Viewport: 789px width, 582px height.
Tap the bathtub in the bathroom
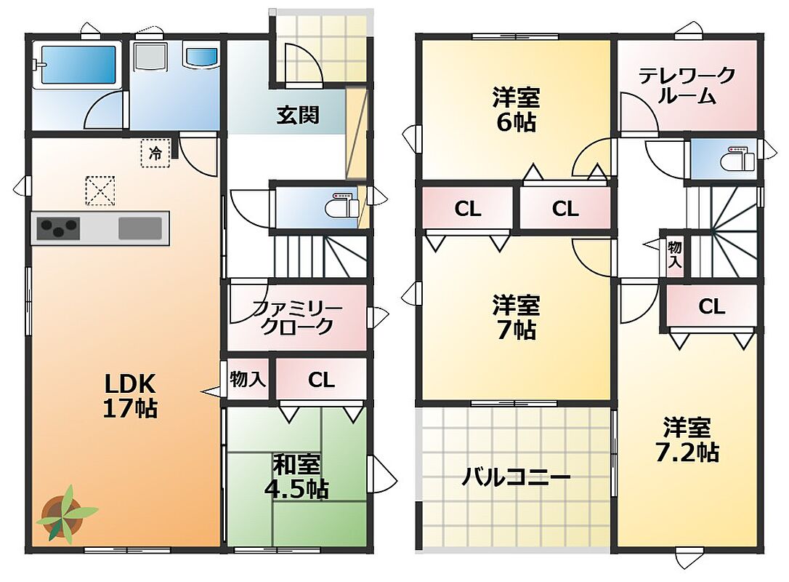coord(78,65)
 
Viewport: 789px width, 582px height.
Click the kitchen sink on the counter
coord(140,228)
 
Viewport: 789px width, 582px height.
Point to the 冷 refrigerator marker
coord(155,153)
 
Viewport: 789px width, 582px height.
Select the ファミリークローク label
coord(297,317)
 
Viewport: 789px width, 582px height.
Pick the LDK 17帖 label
coord(130,396)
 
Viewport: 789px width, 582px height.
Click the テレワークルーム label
coord(687,86)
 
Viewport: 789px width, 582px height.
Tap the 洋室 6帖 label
coord(517,109)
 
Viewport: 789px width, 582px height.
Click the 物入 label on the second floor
coord(675,255)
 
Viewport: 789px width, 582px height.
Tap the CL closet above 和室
coord(322,380)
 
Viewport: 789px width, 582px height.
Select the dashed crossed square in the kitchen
coord(100,191)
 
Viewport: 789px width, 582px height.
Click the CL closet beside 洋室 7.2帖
coord(711,306)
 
